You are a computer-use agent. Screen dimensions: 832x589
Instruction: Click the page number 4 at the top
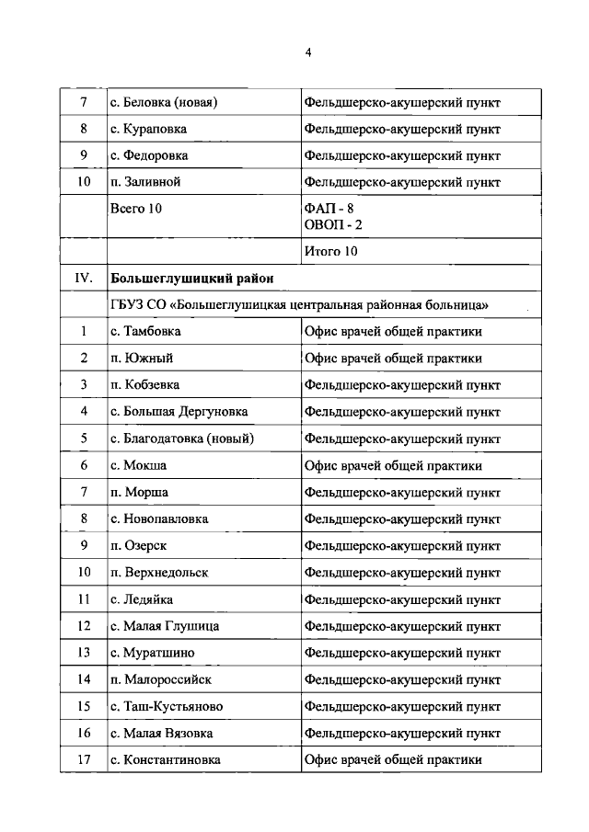point(309,53)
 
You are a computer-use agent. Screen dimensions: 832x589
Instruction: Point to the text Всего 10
point(135,209)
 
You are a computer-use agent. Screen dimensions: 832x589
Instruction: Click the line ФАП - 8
point(328,209)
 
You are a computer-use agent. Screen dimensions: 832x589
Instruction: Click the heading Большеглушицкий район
point(191,277)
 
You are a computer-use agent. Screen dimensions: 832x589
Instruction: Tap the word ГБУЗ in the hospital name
point(127,303)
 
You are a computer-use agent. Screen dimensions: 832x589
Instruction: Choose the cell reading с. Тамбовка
point(145,331)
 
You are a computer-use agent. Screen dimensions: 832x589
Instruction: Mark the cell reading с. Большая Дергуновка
point(179,411)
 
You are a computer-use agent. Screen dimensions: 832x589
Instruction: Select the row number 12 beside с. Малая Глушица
point(84,626)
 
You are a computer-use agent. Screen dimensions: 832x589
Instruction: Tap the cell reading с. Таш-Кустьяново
point(166,706)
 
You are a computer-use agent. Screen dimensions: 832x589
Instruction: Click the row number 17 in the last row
point(84,759)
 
